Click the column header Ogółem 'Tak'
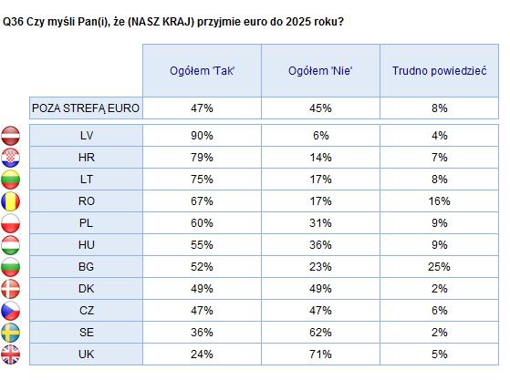click(202, 71)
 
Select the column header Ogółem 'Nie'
click(320, 71)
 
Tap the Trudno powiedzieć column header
click(440, 71)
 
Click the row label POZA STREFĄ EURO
click(86, 108)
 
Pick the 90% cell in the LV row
click(202, 136)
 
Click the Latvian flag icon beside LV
click(10, 136)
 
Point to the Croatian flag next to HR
click(10, 158)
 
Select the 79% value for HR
click(202, 158)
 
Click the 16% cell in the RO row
click(440, 201)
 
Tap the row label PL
click(86, 223)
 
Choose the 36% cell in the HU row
click(320, 245)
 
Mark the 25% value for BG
click(440, 267)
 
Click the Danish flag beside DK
click(10, 289)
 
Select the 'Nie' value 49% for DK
click(320, 289)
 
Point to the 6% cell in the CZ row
click(440, 311)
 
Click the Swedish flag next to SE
click(10, 333)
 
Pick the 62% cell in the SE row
click(320, 333)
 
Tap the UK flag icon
click(10, 354)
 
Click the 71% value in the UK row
click(320, 354)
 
